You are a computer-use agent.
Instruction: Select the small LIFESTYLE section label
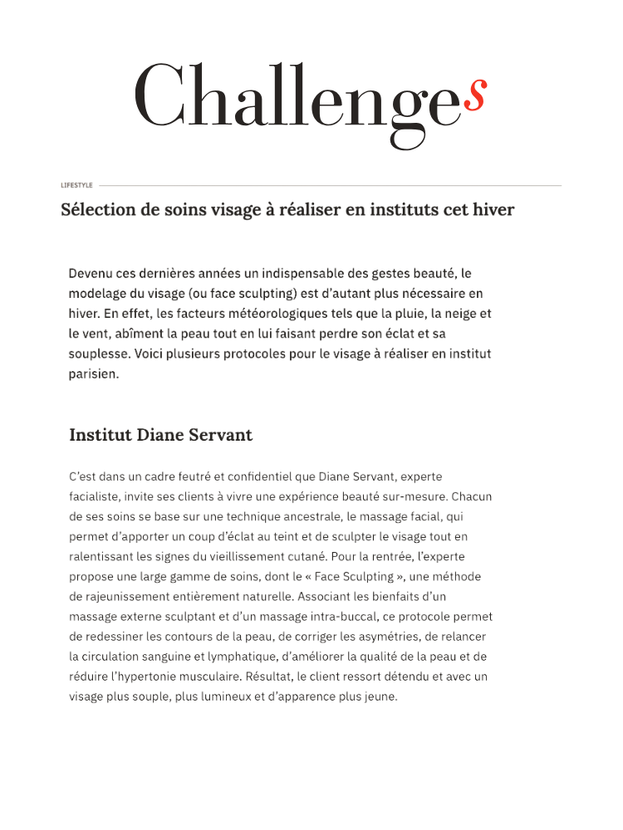[76, 185]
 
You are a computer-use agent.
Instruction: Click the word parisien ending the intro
[94, 374]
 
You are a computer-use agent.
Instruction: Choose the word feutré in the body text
[208, 476]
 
